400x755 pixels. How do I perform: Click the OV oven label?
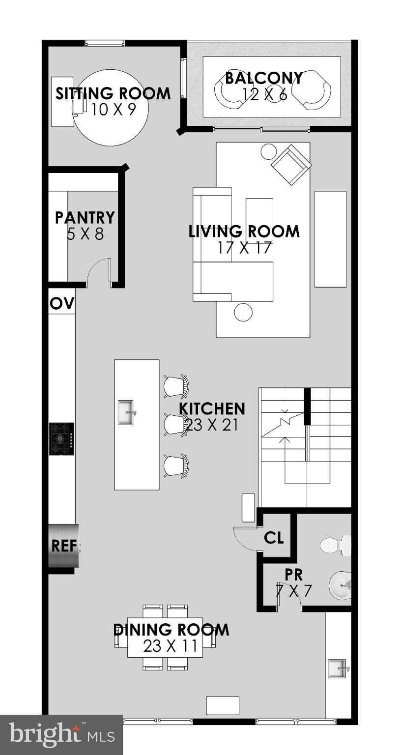[x=62, y=303]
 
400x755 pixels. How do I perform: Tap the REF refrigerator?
[x=63, y=546]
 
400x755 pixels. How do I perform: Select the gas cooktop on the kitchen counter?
[x=61, y=438]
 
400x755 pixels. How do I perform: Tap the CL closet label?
[x=274, y=537]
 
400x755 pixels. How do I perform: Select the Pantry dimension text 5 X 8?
[x=85, y=233]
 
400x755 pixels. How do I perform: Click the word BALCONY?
[x=264, y=78]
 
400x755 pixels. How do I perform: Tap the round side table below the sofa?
[x=243, y=312]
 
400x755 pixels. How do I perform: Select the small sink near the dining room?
[x=337, y=668]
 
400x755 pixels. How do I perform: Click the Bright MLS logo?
[x=61, y=735]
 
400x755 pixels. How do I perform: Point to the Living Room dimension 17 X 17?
[x=244, y=248]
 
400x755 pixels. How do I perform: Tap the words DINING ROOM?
[x=171, y=630]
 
